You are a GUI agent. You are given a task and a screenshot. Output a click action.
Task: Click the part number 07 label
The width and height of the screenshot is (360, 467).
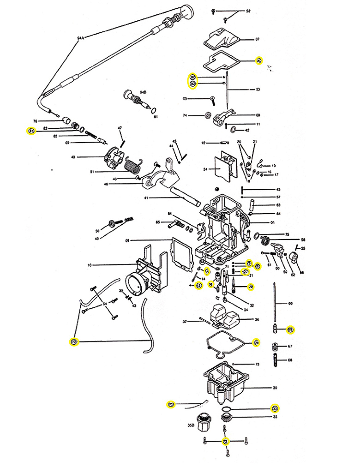[258, 39]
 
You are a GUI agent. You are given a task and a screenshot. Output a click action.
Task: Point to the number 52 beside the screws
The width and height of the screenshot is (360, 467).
[248, 11]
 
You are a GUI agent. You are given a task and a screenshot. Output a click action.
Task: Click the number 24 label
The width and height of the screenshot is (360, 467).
[204, 169]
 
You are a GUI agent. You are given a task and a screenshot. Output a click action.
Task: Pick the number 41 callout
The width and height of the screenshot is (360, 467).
[146, 198]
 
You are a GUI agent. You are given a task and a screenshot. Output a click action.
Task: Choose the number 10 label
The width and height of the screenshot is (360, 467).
[90, 265]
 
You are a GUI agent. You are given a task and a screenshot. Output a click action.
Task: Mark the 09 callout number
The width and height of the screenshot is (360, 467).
[127, 240]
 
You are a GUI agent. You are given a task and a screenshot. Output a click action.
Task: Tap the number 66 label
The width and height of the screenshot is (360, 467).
[290, 303]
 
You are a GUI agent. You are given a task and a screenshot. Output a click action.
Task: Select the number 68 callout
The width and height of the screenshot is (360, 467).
[290, 360]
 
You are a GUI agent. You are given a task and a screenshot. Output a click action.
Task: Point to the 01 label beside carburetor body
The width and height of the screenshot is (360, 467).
[273, 223]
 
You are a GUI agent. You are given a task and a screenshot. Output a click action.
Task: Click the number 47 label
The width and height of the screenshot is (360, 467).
[120, 128]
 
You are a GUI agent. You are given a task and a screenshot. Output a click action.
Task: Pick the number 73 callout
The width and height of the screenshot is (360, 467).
[257, 365]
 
